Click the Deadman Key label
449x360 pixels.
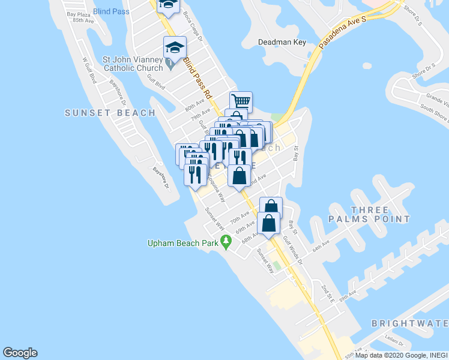pyautogui.click(x=282, y=42)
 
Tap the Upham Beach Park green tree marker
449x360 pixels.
pyautogui.click(x=226, y=242)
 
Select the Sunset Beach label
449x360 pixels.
pyautogui.click(x=110, y=112)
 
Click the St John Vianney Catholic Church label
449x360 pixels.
pyautogui.click(x=133, y=64)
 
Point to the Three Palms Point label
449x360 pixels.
pyautogui.click(x=369, y=214)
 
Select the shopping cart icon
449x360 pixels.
pyautogui.click(x=241, y=101)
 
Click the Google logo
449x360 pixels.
pyautogui.click(x=20, y=353)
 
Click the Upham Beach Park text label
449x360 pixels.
pyautogui.click(x=184, y=243)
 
